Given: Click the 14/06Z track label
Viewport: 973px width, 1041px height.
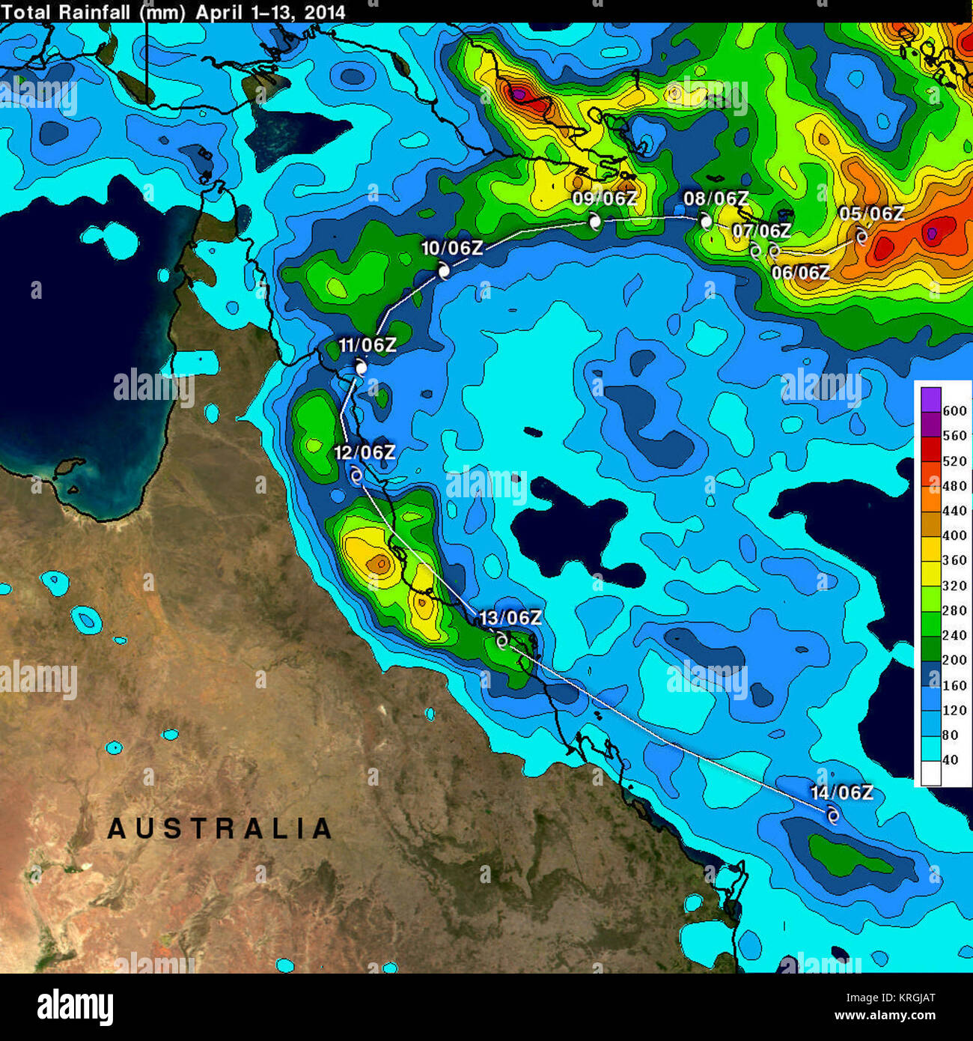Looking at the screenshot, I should click(841, 792).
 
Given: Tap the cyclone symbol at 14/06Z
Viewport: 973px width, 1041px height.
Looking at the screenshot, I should click(832, 815).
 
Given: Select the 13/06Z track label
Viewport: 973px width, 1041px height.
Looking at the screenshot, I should click(510, 618).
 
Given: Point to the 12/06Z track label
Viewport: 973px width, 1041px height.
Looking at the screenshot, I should click(365, 452).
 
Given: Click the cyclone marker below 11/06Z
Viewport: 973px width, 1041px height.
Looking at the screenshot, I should click(362, 368).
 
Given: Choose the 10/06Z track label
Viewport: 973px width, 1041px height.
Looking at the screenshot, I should click(452, 248).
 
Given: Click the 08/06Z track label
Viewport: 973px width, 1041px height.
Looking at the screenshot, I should click(716, 198).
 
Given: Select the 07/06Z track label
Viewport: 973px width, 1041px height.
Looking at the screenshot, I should click(761, 231).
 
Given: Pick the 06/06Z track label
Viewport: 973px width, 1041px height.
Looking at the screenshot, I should click(800, 273).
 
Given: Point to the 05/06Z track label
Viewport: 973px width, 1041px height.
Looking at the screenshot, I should click(871, 213).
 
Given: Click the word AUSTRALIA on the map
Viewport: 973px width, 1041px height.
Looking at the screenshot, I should click(220, 828).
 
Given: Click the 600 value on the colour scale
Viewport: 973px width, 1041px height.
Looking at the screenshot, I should click(954, 410).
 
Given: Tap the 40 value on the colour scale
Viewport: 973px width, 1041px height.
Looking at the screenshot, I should click(950, 759).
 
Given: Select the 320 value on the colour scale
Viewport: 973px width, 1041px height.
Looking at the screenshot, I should click(954, 585).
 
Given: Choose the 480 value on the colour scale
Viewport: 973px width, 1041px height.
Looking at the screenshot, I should click(954, 485).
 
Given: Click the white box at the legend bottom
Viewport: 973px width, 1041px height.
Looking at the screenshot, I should click(930, 773).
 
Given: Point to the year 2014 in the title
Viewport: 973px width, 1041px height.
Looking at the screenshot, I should click(325, 12).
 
